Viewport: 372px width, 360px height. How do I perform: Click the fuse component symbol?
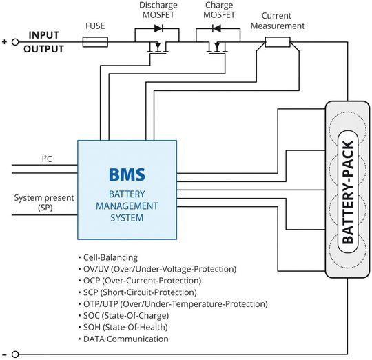coord(95,42)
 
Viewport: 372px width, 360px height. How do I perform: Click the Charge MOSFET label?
coord(218,9)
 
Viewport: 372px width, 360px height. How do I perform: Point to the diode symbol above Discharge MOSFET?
coord(158,30)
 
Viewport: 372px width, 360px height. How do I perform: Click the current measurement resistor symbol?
coord(277,42)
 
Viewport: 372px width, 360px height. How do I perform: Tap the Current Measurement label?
coord(282,21)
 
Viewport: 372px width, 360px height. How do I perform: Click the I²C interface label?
coord(48,158)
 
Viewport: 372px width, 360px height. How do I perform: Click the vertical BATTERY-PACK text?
coord(347,190)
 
